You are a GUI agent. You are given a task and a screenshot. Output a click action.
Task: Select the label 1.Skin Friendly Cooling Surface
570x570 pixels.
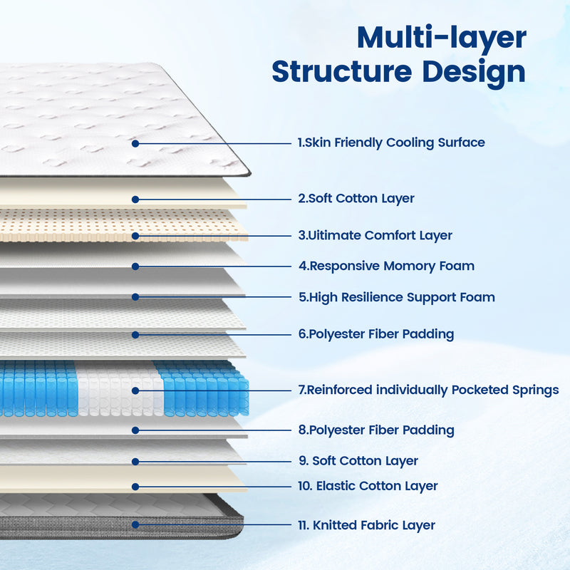click(x=391, y=142)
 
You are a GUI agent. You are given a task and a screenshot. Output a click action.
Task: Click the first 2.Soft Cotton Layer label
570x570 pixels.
click(x=356, y=199)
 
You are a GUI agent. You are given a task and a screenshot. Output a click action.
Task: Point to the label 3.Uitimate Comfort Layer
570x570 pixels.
click(x=375, y=236)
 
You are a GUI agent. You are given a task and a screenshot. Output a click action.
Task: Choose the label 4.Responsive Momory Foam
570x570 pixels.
click(x=386, y=266)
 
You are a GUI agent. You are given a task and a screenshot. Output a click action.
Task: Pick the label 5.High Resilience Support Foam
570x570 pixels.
click(x=397, y=297)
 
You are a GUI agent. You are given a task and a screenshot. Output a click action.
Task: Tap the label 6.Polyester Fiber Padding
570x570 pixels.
click(x=376, y=334)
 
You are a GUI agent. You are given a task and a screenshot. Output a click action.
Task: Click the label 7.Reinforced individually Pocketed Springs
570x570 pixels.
click(x=429, y=390)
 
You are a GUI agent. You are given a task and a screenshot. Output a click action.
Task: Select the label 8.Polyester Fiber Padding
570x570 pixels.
click(x=376, y=430)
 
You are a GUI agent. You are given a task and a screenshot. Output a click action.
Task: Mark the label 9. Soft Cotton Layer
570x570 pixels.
click(x=358, y=461)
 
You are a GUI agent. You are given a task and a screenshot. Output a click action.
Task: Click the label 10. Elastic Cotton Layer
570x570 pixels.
click(x=368, y=486)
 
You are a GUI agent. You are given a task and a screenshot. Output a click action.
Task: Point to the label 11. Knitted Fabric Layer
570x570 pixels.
click(x=367, y=525)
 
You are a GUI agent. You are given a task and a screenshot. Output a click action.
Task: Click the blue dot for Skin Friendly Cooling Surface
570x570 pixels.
click(x=135, y=144)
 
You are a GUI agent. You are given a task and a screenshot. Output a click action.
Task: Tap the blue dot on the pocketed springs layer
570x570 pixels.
click(x=135, y=390)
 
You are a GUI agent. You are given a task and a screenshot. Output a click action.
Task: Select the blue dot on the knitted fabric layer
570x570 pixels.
click(x=135, y=524)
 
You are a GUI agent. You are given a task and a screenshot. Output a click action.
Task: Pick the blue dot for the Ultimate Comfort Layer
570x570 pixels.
click(x=135, y=236)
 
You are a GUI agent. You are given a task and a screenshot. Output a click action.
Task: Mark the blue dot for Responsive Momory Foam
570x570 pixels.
click(x=135, y=266)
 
